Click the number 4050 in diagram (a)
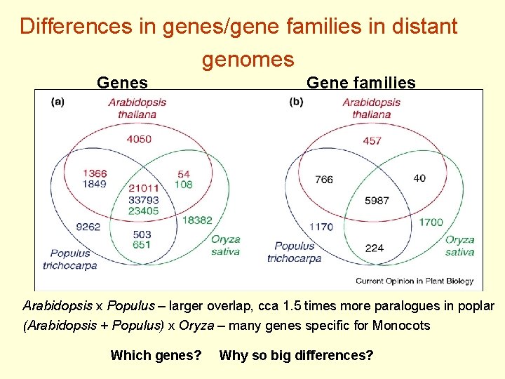pyautogui.click(x=138, y=139)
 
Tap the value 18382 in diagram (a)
pyautogui.click(x=197, y=220)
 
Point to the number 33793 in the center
pyautogui.click(x=143, y=199)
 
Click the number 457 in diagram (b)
pyautogui.click(x=372, y=140)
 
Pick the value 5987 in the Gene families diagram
pyautogui.click(x=377, y=200)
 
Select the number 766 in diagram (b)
pyautogui.click(x=324, y=180)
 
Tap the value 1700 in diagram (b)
pyautogui.click(x=431, y=222)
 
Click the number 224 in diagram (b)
pyautogui.click(x=375, y=247)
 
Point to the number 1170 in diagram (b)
pyautogui.click(x=321, y=227)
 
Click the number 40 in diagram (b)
pyautogui.click(x=419, y=178)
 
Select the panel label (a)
pyautogui.click(x=58, y=101)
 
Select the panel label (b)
pyautogui.click(x=296, y=101)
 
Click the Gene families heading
pyautogui.click(x=361, y=83)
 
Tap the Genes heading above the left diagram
pyautogui.click(x=122, y=83)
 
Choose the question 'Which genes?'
pyautogui.click(x=156, y=355)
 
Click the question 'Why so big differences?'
pyautogui.click(x=296, y=355)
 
